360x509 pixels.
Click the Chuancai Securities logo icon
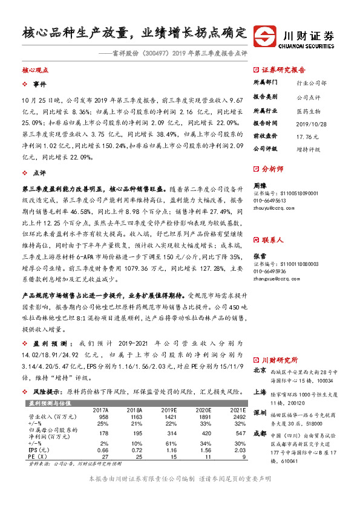[264, 34]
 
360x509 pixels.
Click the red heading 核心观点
[34, 70]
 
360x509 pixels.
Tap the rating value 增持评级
[308, 148]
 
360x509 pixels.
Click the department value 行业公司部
[309, 82]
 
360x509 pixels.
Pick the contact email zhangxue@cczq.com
[275, 263]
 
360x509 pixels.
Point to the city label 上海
[260, 392]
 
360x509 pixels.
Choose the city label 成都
[260, 433]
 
